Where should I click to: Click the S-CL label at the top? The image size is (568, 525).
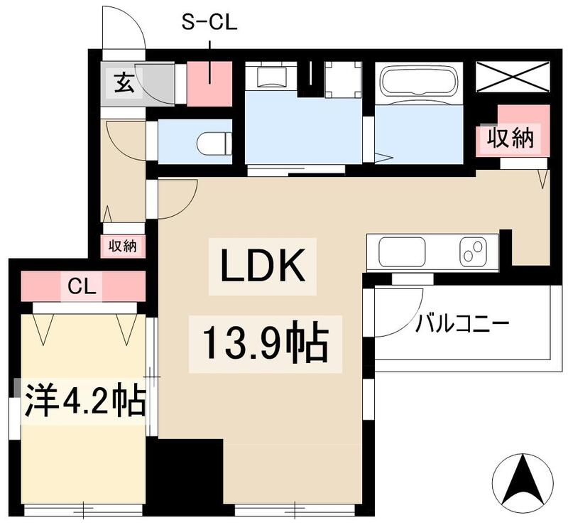click(209, 24)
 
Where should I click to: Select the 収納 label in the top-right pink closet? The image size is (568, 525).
click(509, 139)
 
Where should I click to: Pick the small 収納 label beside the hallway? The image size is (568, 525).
click(123, 247)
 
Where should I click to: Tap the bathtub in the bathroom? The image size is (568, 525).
click(417, 80)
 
